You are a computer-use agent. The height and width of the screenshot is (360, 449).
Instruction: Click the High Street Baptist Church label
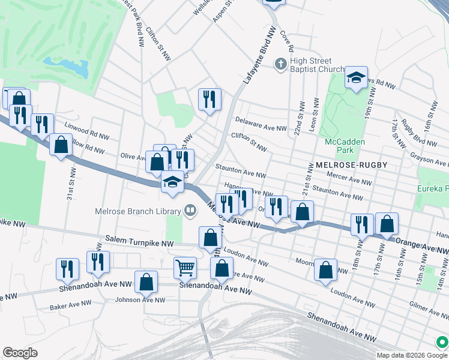317,65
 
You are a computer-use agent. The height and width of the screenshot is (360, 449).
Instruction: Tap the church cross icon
280,64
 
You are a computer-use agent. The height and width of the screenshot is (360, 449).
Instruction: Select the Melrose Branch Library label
137,211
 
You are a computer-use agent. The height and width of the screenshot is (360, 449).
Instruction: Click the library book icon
190,211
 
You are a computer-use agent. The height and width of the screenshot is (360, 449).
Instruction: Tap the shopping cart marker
185,267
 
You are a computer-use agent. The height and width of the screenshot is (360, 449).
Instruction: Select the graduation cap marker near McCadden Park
356,77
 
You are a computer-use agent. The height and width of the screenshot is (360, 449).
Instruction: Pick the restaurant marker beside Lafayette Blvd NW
209,100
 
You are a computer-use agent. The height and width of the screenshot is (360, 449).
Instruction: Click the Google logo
20,353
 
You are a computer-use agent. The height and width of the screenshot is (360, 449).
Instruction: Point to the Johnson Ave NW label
139,299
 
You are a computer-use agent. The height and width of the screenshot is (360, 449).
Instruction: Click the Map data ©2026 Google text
405,355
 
